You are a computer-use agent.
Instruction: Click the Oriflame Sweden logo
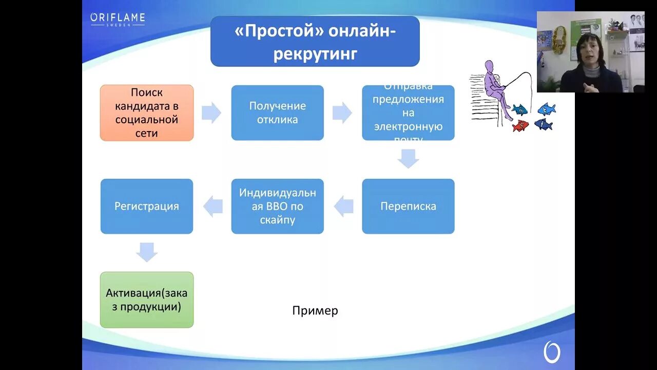coord(118,19)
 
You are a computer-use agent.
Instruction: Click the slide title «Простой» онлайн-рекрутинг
coord(315,42)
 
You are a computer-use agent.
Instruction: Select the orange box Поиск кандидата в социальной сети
coord(147,113)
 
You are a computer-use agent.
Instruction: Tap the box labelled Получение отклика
coord(277,113)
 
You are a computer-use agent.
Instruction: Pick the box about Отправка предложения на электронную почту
coord(408,113)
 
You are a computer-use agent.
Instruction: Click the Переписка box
coord(408,206)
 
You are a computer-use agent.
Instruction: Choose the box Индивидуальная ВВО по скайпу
coord(277,206)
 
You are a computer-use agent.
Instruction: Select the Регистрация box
coord(147,206)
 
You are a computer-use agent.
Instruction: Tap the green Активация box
coord(147,300)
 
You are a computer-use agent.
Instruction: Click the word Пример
coord(315,310)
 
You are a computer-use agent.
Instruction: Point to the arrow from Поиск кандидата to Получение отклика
coord(211,113)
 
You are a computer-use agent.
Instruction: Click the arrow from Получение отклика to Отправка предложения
coord(342,113)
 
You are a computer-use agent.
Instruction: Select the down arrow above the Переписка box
coord(408,159)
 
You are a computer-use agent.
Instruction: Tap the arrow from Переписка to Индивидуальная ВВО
coord(344,207)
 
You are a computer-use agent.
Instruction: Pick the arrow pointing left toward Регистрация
coord(213,207)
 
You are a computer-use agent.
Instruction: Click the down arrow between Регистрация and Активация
coord(147,252)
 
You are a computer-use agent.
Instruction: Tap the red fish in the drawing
coord(520,125)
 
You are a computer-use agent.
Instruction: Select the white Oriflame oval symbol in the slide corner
coord(552,353)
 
